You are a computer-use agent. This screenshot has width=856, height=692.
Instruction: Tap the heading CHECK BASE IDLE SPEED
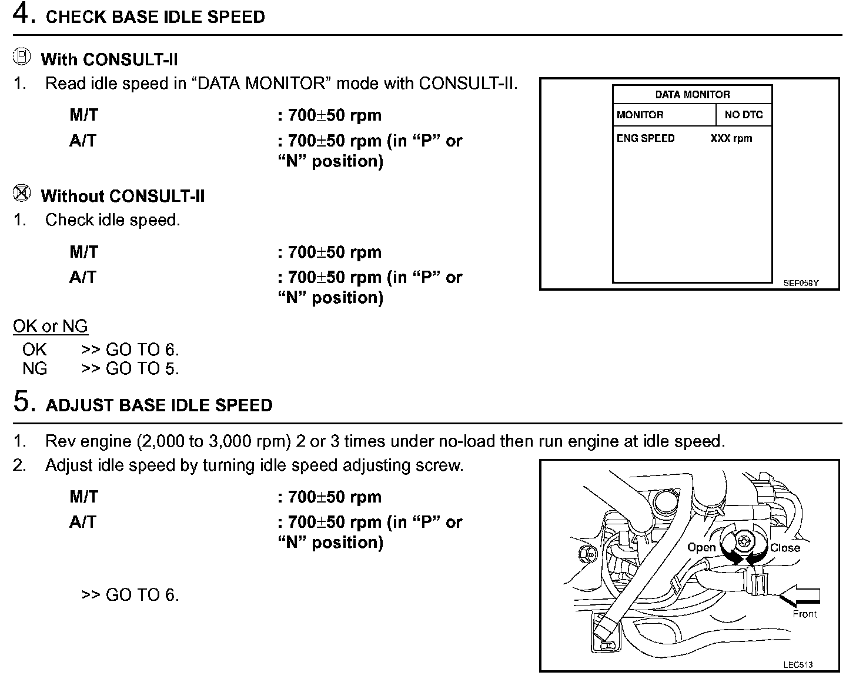coord(155,16)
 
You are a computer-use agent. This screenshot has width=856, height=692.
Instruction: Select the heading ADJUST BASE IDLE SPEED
coord(159,405)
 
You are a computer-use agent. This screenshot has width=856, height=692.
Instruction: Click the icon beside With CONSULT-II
coord(22,57)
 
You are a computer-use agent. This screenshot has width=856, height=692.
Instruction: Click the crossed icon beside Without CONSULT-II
coord(22,193)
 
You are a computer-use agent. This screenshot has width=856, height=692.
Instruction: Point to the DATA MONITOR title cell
coord(692,94)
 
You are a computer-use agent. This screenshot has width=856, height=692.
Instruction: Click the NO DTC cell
coord(743,115)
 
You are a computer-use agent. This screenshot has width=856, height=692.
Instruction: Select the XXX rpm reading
coord(731,138)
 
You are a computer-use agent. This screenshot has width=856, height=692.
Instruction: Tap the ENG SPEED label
coord(645,138)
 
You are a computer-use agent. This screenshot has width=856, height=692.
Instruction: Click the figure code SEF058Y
coord(800,283)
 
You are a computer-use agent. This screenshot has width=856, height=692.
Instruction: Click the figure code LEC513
coord(798,665)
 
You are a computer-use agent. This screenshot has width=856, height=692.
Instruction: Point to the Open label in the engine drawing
coord(701,547)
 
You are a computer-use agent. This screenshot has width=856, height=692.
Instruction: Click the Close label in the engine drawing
coord(785,548)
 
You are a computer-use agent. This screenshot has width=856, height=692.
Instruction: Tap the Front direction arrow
coord(800,597)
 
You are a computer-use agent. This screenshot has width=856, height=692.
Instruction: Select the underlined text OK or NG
coord(51,326)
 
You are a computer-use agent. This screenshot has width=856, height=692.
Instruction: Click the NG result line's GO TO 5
coord(142,369)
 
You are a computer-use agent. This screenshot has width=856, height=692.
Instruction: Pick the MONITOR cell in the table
coord(640,115)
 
